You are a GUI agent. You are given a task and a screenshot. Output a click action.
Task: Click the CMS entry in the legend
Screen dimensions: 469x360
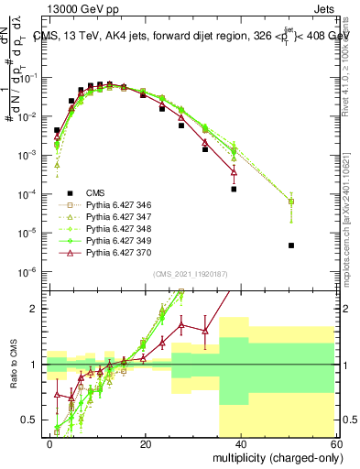coord(95,193)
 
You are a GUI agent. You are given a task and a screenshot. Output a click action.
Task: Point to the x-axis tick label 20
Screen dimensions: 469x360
coord(146,443)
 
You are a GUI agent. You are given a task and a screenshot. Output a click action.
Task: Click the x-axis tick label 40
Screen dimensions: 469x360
coord(242,443)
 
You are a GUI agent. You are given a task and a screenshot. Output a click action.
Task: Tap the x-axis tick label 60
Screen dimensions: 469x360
coord(337,443)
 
